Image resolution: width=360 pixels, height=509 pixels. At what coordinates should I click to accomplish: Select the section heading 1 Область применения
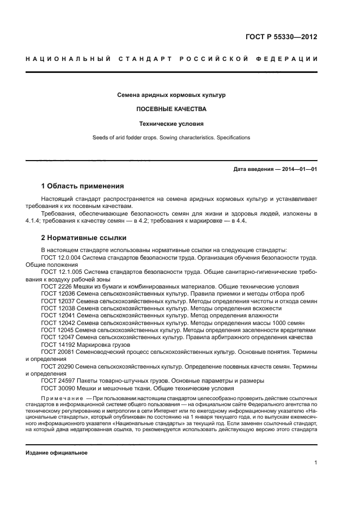tap(82, 186)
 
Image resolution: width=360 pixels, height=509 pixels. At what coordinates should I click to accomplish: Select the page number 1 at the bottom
tap(315, 463)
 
